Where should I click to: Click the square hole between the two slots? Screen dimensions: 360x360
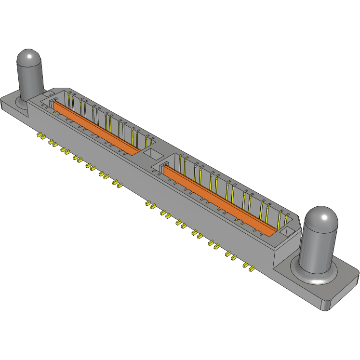point(154,154)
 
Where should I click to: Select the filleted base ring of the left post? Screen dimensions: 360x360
point(23,103)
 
